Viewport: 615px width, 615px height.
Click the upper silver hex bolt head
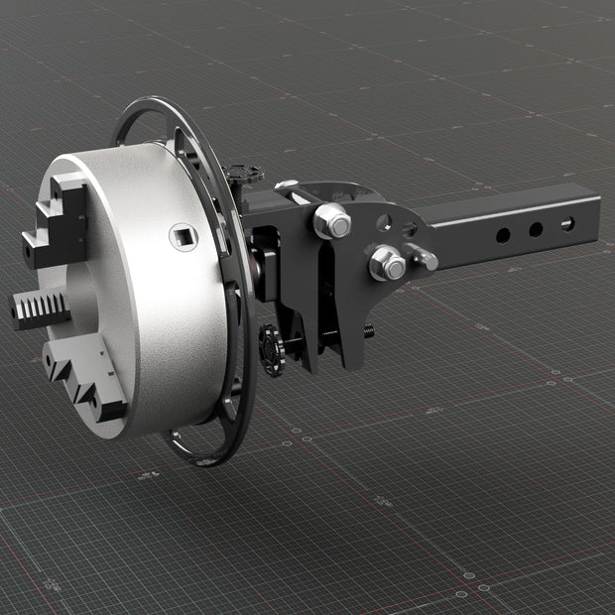pyautogui.click(x=332, y=220)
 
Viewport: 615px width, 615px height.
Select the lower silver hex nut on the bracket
pyautogui.click(x=386, y=264)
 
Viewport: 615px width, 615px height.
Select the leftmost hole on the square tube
pyautogui.click(x=503, y=236)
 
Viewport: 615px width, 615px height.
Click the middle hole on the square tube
pyautogui.click(x=536, y=229)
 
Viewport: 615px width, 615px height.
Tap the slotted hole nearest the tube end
pyautogui.click(x=567, y=223)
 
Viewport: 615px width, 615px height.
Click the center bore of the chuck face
pyautogui.click(x=79, y=298)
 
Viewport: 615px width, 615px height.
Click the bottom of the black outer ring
pyautogui.click(x=198, y=459)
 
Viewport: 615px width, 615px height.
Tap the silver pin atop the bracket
pyautogui.click(x=286, y=184)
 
